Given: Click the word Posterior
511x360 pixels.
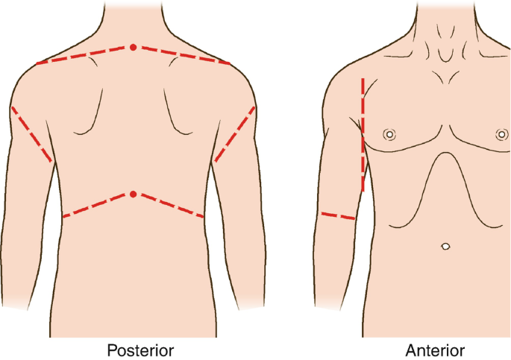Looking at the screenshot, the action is click(140, 350).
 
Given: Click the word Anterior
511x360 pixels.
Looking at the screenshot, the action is click(435, 350).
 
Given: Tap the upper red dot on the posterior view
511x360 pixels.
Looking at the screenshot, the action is click(133, 47).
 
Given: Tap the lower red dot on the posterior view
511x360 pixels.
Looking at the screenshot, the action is click(133, 194).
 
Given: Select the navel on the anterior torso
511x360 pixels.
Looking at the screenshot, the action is click(445, 245).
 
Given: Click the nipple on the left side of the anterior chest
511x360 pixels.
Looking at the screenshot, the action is click(389, 135).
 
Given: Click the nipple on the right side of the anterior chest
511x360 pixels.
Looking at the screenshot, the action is click(501, 135).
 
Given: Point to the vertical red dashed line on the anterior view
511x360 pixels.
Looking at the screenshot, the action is click(363, 134).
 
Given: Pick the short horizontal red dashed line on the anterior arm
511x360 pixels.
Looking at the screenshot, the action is click(337, 216).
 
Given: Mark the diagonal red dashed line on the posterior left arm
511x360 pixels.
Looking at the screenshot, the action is click(31, 134).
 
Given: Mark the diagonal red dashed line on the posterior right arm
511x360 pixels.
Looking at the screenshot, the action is click(235, 134).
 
